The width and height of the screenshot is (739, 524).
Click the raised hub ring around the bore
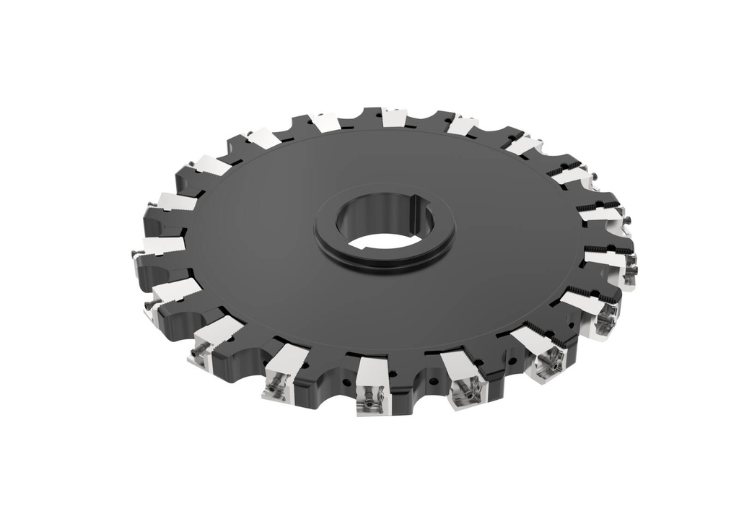(385, 261)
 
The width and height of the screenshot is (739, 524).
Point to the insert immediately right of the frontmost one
(464, 379)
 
